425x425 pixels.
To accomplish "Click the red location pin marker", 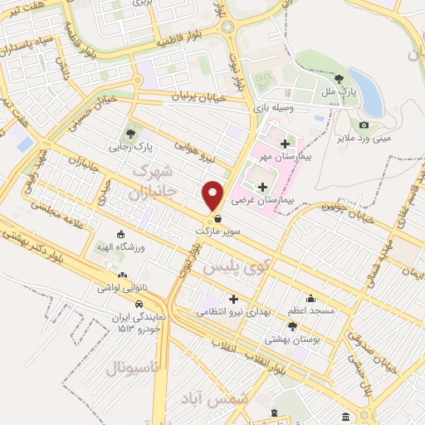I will tap(213, 194).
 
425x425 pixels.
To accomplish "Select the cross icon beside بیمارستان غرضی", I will tap(264, 187).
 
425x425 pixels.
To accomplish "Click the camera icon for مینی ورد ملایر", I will tap(364, 125).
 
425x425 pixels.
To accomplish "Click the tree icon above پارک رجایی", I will tap(129, 133).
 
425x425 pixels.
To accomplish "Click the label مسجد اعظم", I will tap(312, 310).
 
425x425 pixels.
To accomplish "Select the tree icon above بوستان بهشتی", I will tap(292, 325).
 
